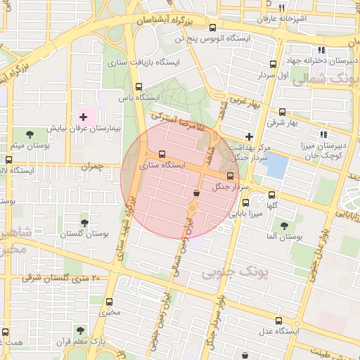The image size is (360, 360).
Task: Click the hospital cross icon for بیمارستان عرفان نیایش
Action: click(84, 117)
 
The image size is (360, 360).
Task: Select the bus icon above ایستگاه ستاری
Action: click(162, 154)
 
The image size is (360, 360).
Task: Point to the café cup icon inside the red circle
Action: click(196, 192)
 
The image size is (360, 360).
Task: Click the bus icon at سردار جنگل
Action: click(231, 175)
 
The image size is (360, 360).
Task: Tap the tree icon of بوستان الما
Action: click(284, 226)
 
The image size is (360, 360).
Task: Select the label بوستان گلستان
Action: click(84, 233)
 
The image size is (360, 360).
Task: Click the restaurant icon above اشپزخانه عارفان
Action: click(281, 8)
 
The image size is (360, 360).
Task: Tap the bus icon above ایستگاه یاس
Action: click(138, 88)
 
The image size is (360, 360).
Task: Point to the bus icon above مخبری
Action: click(107, 300)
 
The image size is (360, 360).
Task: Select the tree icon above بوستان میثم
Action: click(29, 134)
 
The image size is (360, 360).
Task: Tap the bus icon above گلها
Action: click(272, 195)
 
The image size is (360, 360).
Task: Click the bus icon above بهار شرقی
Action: click(282, 112)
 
